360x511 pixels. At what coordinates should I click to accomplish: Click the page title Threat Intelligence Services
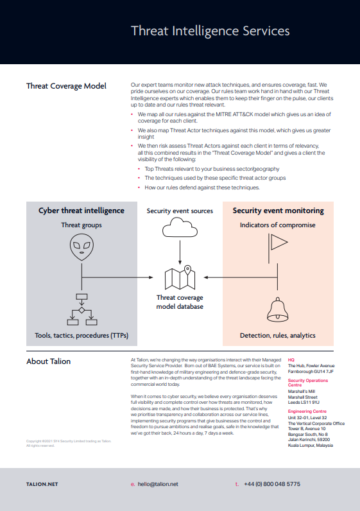pos(210,31)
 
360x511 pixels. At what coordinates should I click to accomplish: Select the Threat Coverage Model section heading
pos(66,86)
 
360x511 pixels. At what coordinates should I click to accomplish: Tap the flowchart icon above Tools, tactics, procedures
pos(81,309)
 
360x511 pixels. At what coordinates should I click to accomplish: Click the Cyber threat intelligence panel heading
pos(81,211)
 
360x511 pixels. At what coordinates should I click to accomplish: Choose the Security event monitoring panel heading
pos(278,211)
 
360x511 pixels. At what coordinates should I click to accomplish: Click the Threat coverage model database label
pos(180,302)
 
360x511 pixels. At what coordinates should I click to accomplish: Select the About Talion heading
pos(49,361)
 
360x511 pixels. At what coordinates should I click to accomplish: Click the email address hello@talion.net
pos(158,484)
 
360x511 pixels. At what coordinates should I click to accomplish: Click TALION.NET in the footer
pos(42,484)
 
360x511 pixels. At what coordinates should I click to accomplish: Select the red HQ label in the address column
pos(291,360)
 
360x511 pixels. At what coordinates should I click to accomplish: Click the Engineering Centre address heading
pos(307,411)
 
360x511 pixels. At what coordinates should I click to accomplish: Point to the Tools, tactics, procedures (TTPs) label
pos(81,336)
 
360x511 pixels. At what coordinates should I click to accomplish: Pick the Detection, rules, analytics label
pos(278,336)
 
